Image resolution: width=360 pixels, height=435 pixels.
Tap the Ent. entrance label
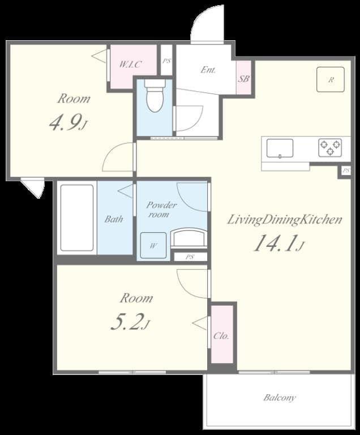coord(208,70)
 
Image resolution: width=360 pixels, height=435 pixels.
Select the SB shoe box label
coord(243,79)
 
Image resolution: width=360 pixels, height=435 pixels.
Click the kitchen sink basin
coord(280,148)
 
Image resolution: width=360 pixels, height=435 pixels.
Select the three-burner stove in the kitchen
coord(329,148)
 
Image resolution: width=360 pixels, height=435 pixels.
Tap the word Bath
coord(113,219)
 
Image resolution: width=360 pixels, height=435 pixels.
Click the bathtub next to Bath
coord(77,217)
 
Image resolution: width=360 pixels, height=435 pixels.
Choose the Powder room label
coord(161,210)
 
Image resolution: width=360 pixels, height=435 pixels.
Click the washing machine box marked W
coord(153,246)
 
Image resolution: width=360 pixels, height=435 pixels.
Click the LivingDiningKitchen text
coord(284,220)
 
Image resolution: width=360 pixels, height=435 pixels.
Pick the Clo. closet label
coord(221,336)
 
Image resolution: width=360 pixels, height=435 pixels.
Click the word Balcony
coord(279,398)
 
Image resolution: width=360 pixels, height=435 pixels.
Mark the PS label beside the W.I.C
coord(166,62)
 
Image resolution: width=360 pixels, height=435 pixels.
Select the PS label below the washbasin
coord(190,257)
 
